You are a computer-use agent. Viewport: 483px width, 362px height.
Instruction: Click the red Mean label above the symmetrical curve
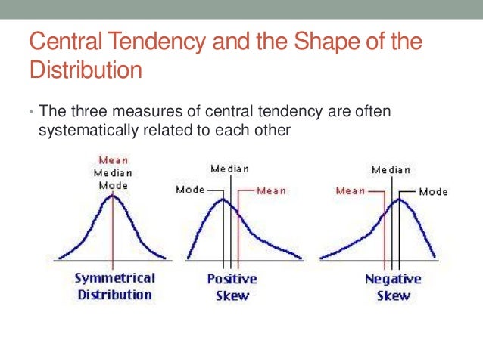(114, 160)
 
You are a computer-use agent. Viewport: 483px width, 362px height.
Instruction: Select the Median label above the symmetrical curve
(114, 172)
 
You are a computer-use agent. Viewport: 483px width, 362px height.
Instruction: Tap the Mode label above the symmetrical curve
(114, 185)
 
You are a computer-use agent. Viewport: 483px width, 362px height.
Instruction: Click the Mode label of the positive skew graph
(190, 190)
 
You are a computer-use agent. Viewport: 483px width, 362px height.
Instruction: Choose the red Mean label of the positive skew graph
(271, 191)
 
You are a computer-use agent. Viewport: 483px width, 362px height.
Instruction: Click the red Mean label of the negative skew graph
(351, 191)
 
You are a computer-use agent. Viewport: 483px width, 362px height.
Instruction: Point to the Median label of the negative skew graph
(391, 170)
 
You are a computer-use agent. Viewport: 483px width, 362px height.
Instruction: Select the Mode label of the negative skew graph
(433, 192)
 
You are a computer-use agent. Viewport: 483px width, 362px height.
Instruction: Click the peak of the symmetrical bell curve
(114, 196)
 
